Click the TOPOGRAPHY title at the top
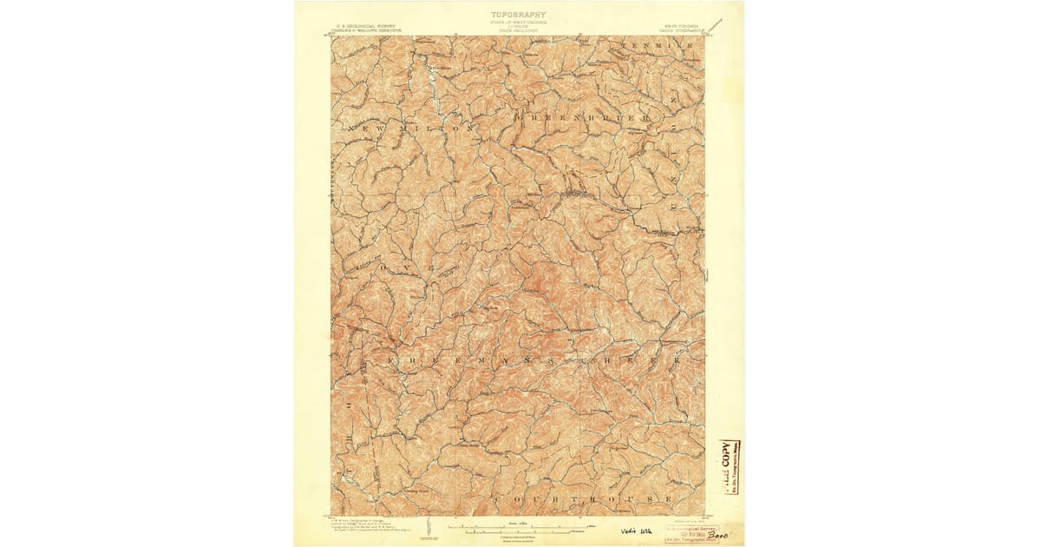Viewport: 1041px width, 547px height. pos(519,15)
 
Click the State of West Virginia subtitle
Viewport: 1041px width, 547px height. pos(519,22)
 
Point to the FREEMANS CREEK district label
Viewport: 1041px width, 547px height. pos(529,359)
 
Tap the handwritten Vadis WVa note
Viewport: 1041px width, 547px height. pos(635,531)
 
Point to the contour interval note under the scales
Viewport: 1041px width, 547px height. pos(518,537)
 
